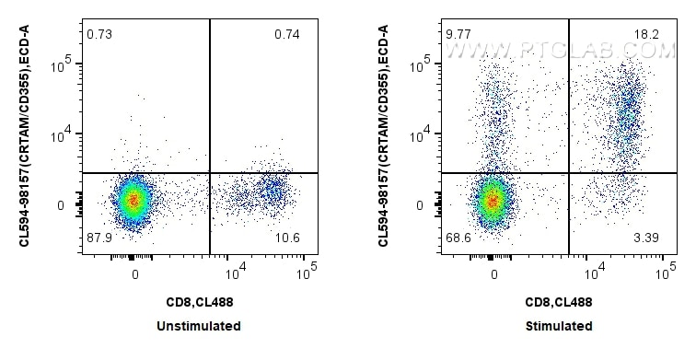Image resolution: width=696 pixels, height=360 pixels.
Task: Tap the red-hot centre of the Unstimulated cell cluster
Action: click(x=134, y=198)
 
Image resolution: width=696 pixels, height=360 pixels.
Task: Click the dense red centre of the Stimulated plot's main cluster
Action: click(x=493, y=199)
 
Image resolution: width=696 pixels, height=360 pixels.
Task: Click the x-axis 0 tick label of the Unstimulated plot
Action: click(x=135, y=273)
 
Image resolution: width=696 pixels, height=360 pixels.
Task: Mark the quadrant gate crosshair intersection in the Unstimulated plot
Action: click(x=210, y=172)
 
